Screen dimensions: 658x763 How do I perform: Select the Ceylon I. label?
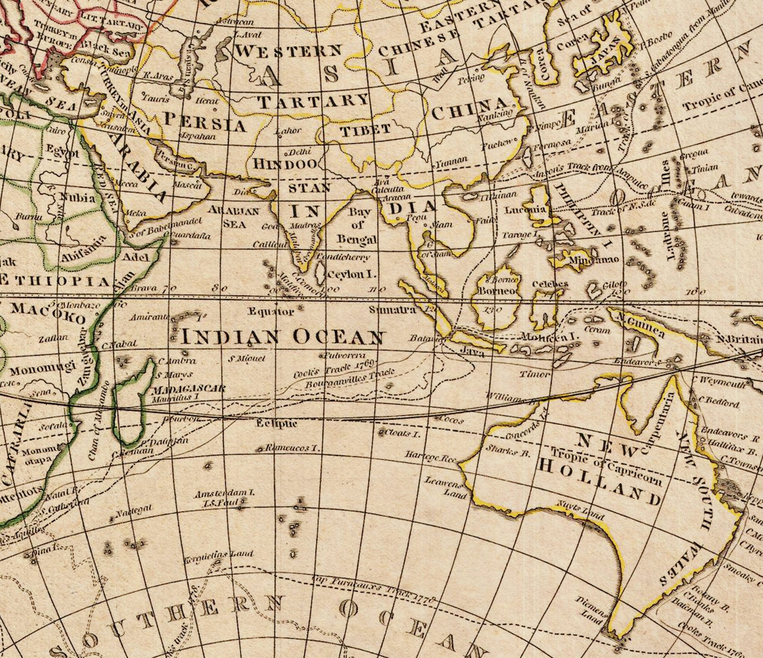pyautogui.click(x=351, y=274)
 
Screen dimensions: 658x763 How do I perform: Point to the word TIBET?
pyautogui.click(x=365, y=130)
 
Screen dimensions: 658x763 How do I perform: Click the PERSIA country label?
pyautogui.click(x=204, y=122)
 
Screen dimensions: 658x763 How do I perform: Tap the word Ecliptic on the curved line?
pyautogui.click(x=277, y=424)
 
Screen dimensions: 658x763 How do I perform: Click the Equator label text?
pyautogui.click(x=271, y=312)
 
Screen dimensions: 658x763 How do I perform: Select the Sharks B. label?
pyautogui.click(x=508, y=451)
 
